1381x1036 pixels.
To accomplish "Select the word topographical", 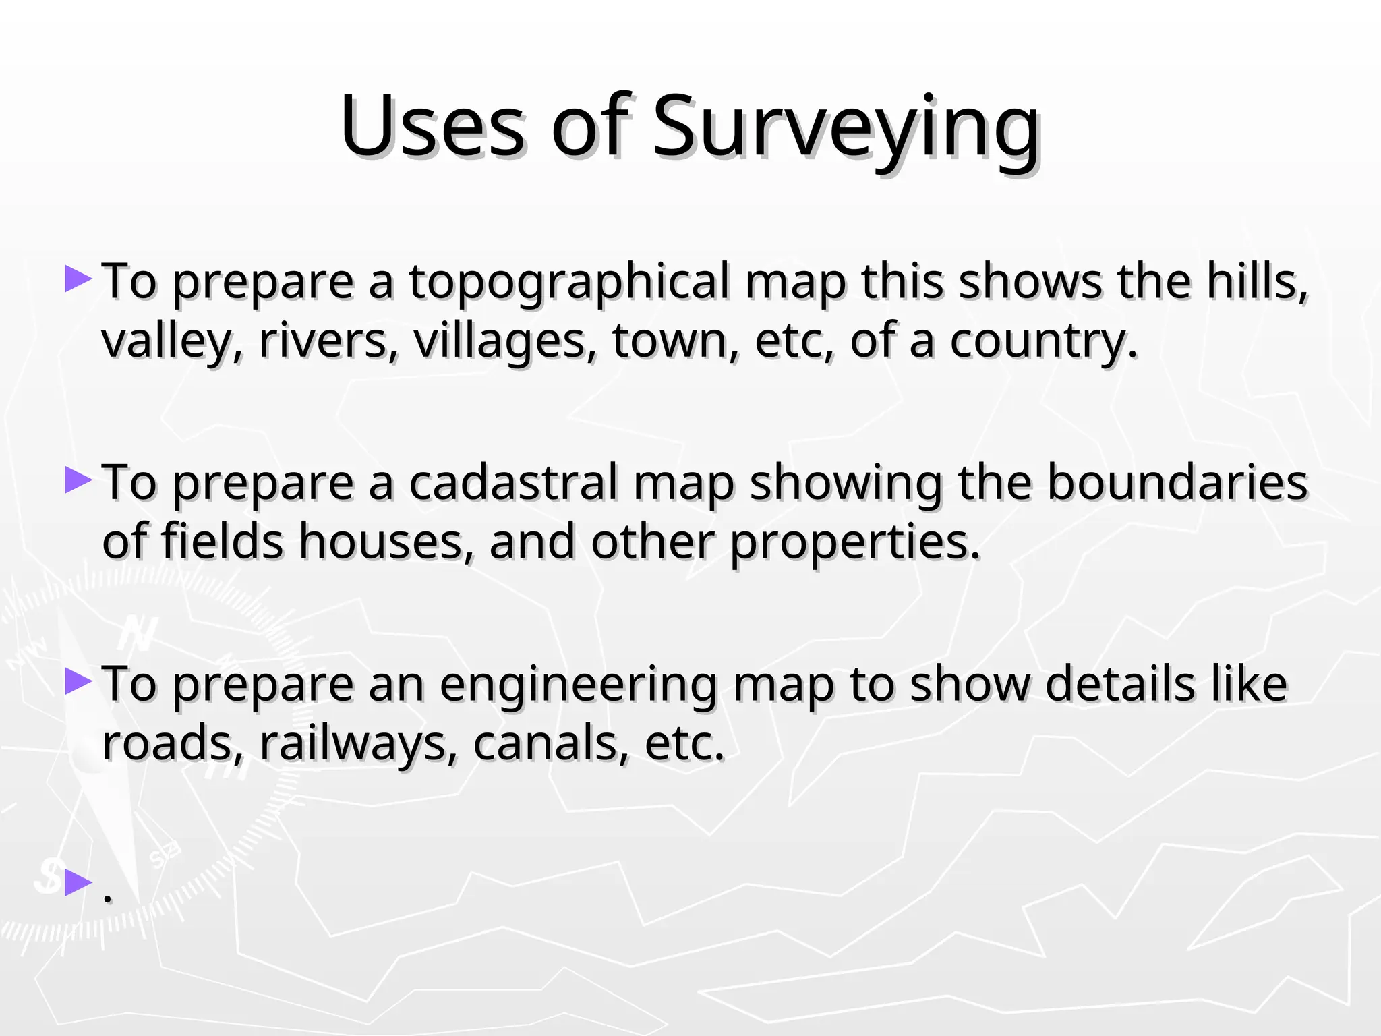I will tap(569, 282).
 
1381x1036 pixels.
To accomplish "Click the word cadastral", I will tap(513, 483).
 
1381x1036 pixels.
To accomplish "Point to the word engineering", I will tap(578, 685).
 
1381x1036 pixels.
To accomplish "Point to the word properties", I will tap(855, 542).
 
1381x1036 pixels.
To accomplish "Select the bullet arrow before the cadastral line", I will tap(78, 480).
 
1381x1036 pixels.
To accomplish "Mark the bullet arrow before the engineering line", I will tap(78, 681).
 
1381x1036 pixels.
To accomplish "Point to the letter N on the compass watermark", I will tap(140, 634).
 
